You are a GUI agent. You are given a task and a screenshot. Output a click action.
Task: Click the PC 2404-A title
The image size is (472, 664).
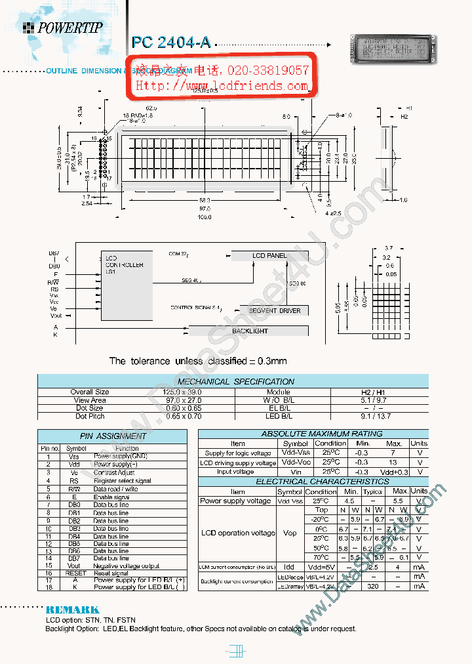[x=171, y=43]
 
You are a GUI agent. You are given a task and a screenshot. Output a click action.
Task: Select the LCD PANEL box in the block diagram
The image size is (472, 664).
[x=269, y=255]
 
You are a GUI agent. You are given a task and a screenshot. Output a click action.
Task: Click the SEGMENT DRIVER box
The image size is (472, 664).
[x=275, y=310]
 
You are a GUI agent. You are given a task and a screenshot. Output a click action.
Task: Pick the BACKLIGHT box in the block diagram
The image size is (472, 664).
[x=250, y=331]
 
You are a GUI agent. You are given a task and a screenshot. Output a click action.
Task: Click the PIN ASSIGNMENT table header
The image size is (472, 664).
[x=113, y=436]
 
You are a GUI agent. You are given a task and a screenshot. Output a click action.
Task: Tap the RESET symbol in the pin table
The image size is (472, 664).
[x=74, y=573]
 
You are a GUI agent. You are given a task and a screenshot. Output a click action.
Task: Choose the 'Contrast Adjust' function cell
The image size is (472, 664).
[x=114, y=472]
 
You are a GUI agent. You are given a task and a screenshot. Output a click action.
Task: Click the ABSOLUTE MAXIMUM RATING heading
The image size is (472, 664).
[x=313, y=434]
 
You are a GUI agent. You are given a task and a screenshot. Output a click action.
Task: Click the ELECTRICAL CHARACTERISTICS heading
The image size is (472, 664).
[x=313, y=482]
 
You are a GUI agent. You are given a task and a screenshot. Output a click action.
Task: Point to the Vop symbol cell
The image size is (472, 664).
[x=289, y=533]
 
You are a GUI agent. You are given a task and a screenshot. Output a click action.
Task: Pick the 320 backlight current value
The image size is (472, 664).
[x=372, y=586]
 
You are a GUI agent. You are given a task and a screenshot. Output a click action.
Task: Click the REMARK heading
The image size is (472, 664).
[x=72, y=610]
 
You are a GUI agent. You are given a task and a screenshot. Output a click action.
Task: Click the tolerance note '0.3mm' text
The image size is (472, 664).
[x=269, y=361]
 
